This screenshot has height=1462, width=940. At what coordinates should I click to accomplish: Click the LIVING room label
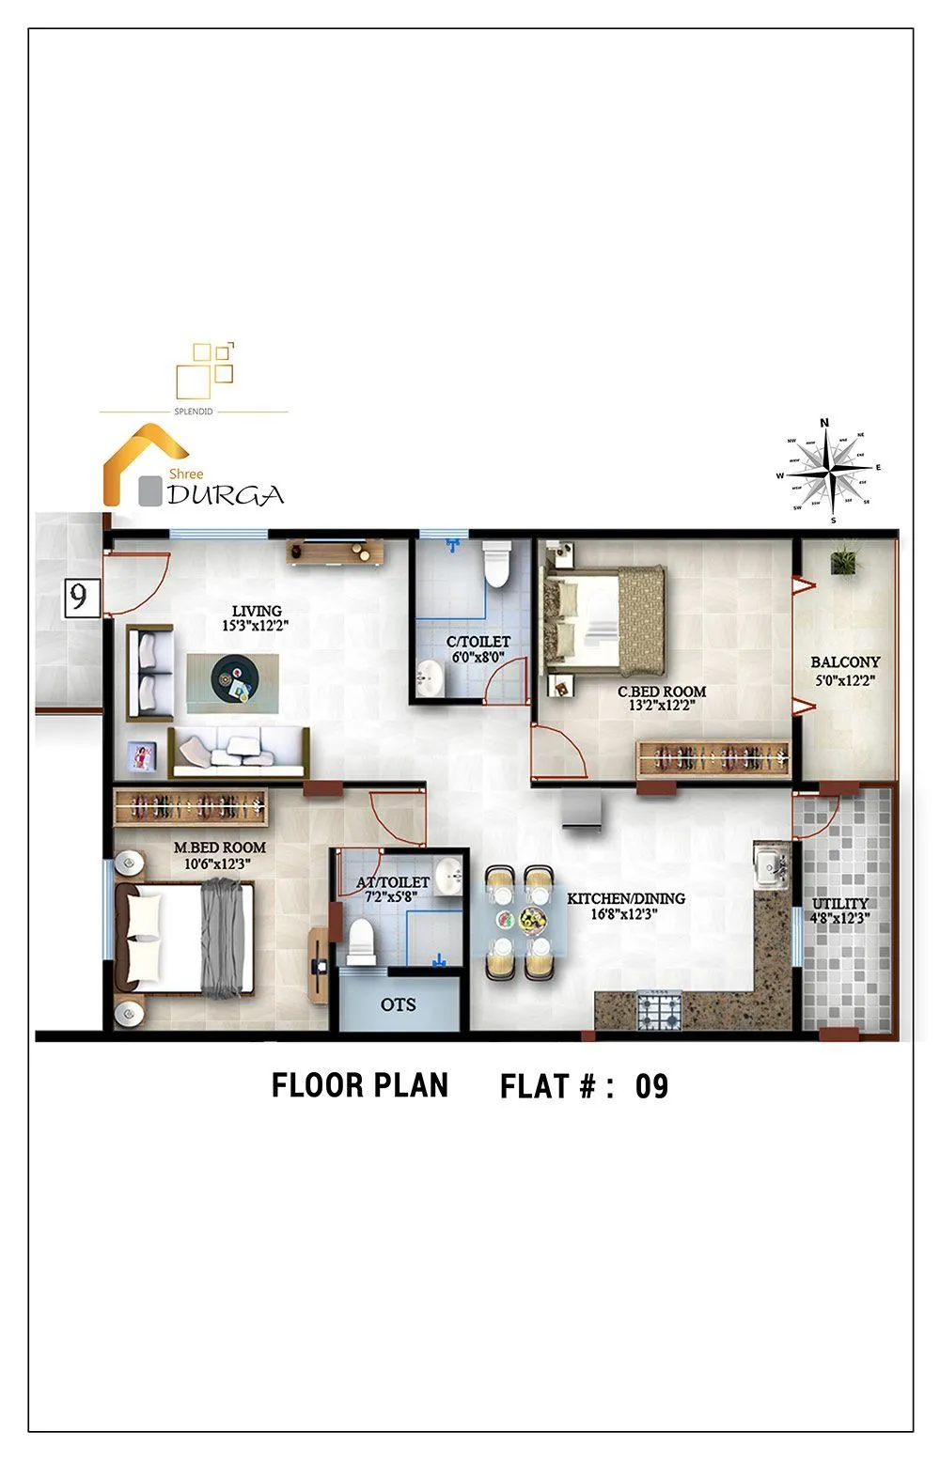(257, 611)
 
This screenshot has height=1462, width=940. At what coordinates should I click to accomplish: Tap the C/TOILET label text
(478, 642)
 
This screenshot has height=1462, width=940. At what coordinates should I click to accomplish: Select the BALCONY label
(845, 662)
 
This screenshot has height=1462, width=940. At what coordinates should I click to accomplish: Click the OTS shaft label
(398, 1004)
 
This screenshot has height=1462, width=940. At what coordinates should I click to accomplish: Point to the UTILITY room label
(840, 903)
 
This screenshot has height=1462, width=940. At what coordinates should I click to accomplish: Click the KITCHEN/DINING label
(625, 898)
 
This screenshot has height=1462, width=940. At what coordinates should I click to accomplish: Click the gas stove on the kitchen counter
(659, 1011)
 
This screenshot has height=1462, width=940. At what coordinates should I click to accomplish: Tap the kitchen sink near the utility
(772, 864)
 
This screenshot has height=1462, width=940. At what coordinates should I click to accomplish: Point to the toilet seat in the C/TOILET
(494, 565)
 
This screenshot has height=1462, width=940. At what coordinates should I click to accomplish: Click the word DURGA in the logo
(226, 495)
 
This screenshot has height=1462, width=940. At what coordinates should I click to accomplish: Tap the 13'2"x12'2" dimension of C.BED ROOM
(662, 706)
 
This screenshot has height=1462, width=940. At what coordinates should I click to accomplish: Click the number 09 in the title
(651, 1086)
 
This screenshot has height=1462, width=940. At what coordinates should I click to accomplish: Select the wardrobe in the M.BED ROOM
(191, 806)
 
